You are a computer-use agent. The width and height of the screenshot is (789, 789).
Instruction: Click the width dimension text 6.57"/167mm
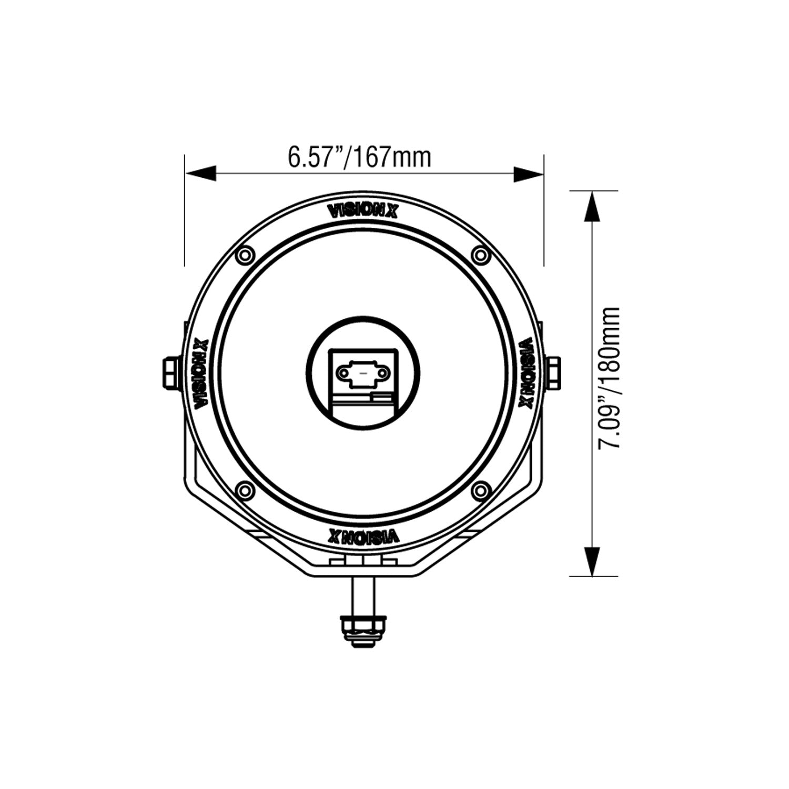(x=359, y=157)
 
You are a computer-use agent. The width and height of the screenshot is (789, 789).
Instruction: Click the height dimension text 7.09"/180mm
(x=610, y=377)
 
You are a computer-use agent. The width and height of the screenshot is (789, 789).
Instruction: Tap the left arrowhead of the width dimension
(x=200, y=174)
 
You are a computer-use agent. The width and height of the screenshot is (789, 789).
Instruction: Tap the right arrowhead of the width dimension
(x=528, y=174)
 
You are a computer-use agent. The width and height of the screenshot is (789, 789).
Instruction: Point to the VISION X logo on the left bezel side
(x=201, y=374)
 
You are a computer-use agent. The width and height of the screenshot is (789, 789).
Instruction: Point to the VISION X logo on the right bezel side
(x=527, y=374)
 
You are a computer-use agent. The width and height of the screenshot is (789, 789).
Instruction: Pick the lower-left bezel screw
(x=244, y=490)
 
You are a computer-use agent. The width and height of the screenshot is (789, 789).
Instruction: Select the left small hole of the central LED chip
(x=343, y=373)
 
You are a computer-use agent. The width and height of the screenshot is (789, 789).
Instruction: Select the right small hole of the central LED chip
(x=383, y=373)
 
